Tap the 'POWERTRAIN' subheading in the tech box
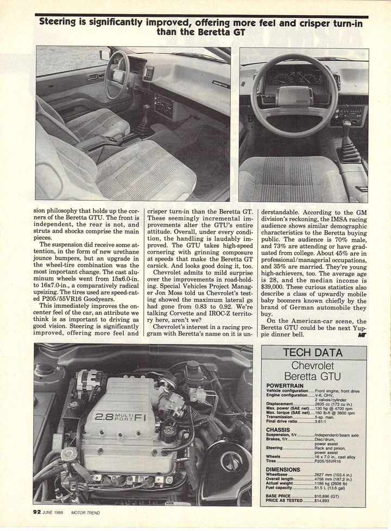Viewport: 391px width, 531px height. (x=287, y=385)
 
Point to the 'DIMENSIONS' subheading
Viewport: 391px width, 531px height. (x=283, y=470)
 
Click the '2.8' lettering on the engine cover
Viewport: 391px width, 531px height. (x=103, y=418)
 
